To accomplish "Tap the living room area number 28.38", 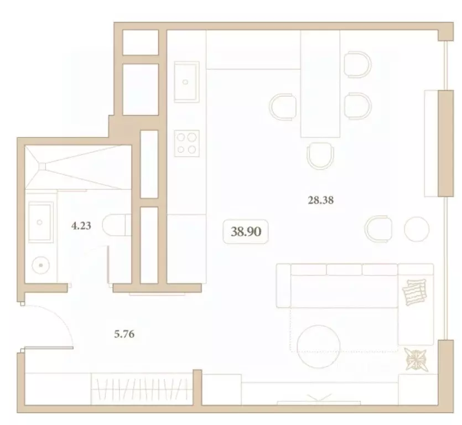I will (321, 200).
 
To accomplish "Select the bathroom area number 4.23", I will (81, 226).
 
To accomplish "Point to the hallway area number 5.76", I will (124, 334).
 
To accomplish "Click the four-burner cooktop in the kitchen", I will (186, 142).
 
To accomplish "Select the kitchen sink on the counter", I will (186, 81).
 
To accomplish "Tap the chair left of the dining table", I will (284, 106).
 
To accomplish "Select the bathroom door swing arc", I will (94, 260).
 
